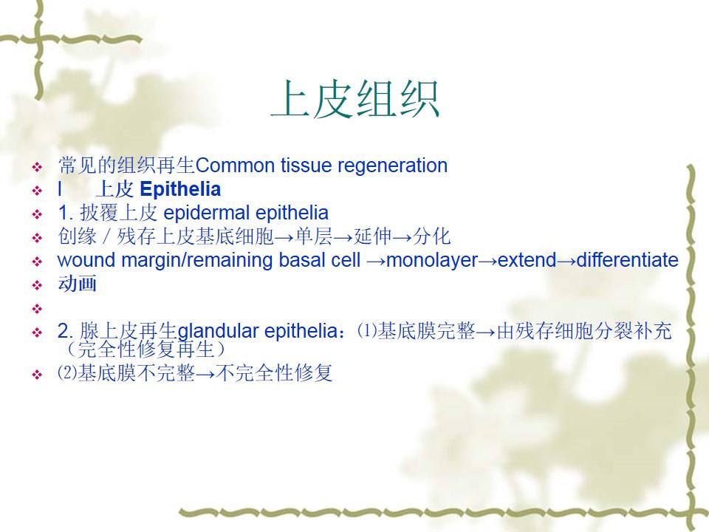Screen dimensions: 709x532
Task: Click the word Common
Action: coord(236,166)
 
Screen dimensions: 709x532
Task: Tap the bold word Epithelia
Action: coord(180,190)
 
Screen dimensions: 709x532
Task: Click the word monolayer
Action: coord(432,261)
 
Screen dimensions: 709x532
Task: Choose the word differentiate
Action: coord(628,260)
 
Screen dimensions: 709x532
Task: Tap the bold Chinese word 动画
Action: coord(78,284)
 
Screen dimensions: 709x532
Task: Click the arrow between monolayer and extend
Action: coord(488,261)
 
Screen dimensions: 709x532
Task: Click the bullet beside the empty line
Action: coord(37,309)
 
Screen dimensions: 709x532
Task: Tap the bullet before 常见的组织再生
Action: coord(37,168)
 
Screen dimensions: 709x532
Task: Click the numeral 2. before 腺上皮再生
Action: coord(66,331)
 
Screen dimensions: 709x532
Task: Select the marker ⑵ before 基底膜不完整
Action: coord(67,372)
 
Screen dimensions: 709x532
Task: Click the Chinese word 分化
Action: coord(432,236)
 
